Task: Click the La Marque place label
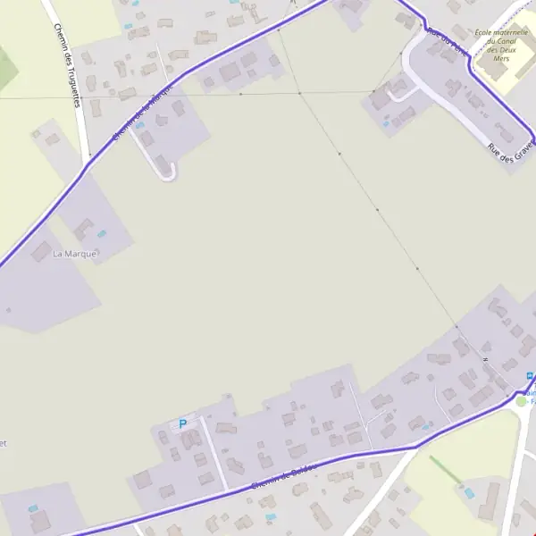point(74,254)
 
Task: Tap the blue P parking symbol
point(182,424)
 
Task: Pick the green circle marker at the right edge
point(522,401)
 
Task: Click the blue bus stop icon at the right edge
point(531,376)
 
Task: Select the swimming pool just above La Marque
point(100,234)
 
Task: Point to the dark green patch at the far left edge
point(4,67)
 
